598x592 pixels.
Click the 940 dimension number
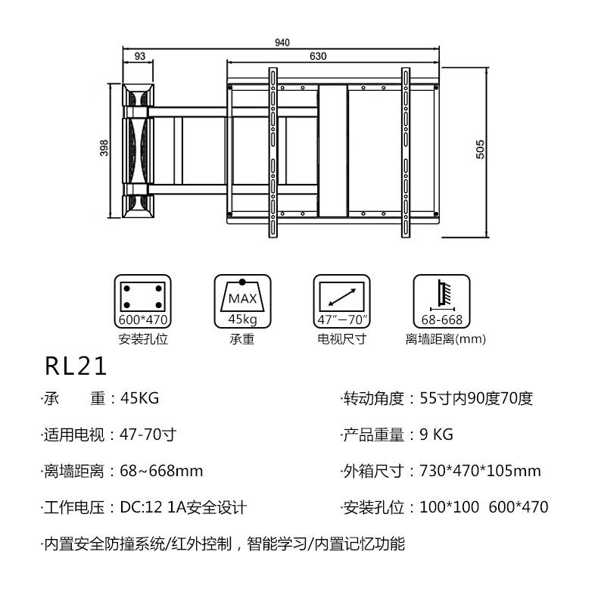pyautogui.click(x=282, y=43)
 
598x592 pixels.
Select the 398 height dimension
pyautogui.click(x=104, y=148)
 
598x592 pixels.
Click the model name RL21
pyautogui.click(x=76, y=367)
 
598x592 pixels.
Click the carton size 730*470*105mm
pyautogui.click(x=480, y=471)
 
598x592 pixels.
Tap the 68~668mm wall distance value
pyautogui.click(x=161, y=471)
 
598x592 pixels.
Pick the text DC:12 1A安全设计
pyautogui.click(x=182, y=507)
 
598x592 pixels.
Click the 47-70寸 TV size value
pyautogui.click(x=148, y=435)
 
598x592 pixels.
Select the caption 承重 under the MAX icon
pyautogui.click(x=242, y=339)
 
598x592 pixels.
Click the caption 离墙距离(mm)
pyautogui.click(x=445, y=339)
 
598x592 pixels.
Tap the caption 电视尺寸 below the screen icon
pyautogui.click(x=341, y=339)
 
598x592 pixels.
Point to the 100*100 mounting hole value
pyautogui.click(x=449, y=507)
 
